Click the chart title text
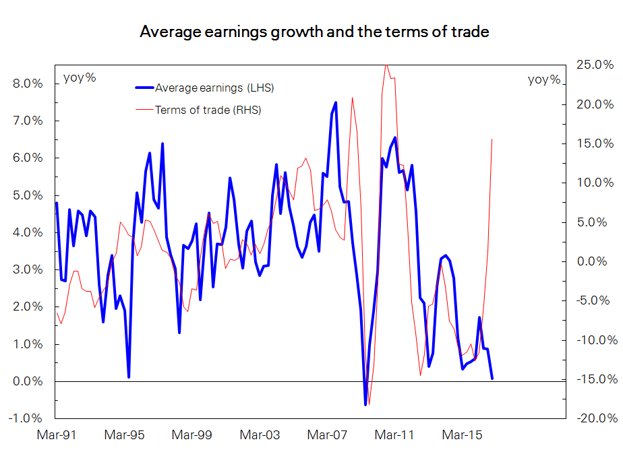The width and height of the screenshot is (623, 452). point(314,32)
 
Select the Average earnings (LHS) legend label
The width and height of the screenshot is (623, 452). point(214,88)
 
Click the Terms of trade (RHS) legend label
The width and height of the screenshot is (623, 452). point(208,110)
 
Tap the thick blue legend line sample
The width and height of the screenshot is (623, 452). point(144,88)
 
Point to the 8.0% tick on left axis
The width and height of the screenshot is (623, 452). point(28,84)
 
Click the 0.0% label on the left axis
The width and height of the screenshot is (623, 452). point(28,381)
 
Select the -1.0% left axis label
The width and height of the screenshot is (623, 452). point(26,418)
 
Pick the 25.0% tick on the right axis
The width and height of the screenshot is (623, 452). point(595,65)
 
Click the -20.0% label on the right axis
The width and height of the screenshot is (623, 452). point(593,418)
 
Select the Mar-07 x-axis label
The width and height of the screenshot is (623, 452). point(327,436)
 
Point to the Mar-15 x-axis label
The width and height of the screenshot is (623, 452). point(462,436)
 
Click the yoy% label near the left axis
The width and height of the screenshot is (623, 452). point(80,77)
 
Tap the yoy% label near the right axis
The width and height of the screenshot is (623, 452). point(544,79)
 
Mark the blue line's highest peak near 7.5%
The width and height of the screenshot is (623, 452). point(336,102)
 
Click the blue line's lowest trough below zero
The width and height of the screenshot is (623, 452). point(365,404)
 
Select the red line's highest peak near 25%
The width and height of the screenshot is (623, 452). point(386,65)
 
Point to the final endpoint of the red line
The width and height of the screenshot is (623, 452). point(492,139)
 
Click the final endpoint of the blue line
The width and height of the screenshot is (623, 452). point(492,379)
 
